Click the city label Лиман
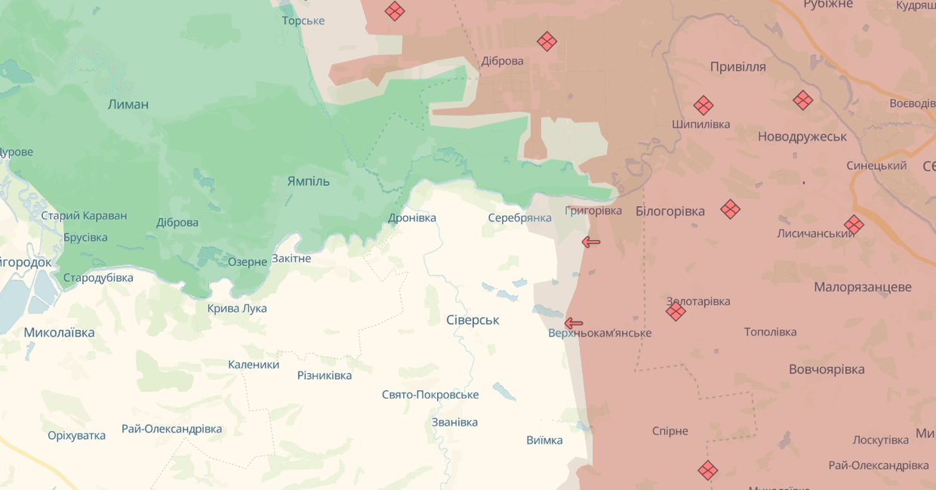[128, 104]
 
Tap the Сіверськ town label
[473, 320]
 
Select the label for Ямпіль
[308, 181]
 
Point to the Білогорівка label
[670, 211]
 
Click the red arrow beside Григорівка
[591, 242]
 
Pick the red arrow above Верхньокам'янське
[574, 323]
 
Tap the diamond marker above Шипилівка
[704, 105]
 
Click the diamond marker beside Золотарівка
[676, 311]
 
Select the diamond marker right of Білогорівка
[730, 209]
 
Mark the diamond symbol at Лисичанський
[854, 224]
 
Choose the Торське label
[303, 20]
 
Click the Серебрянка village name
[519, 217]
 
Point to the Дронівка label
[412, 217]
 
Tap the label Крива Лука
[237, 308]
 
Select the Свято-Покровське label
[430, 395]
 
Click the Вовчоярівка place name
[827, 369]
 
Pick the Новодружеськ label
[802, 137]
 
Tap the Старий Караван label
[84, 215]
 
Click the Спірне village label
[670, 431]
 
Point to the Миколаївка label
[59, 332]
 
